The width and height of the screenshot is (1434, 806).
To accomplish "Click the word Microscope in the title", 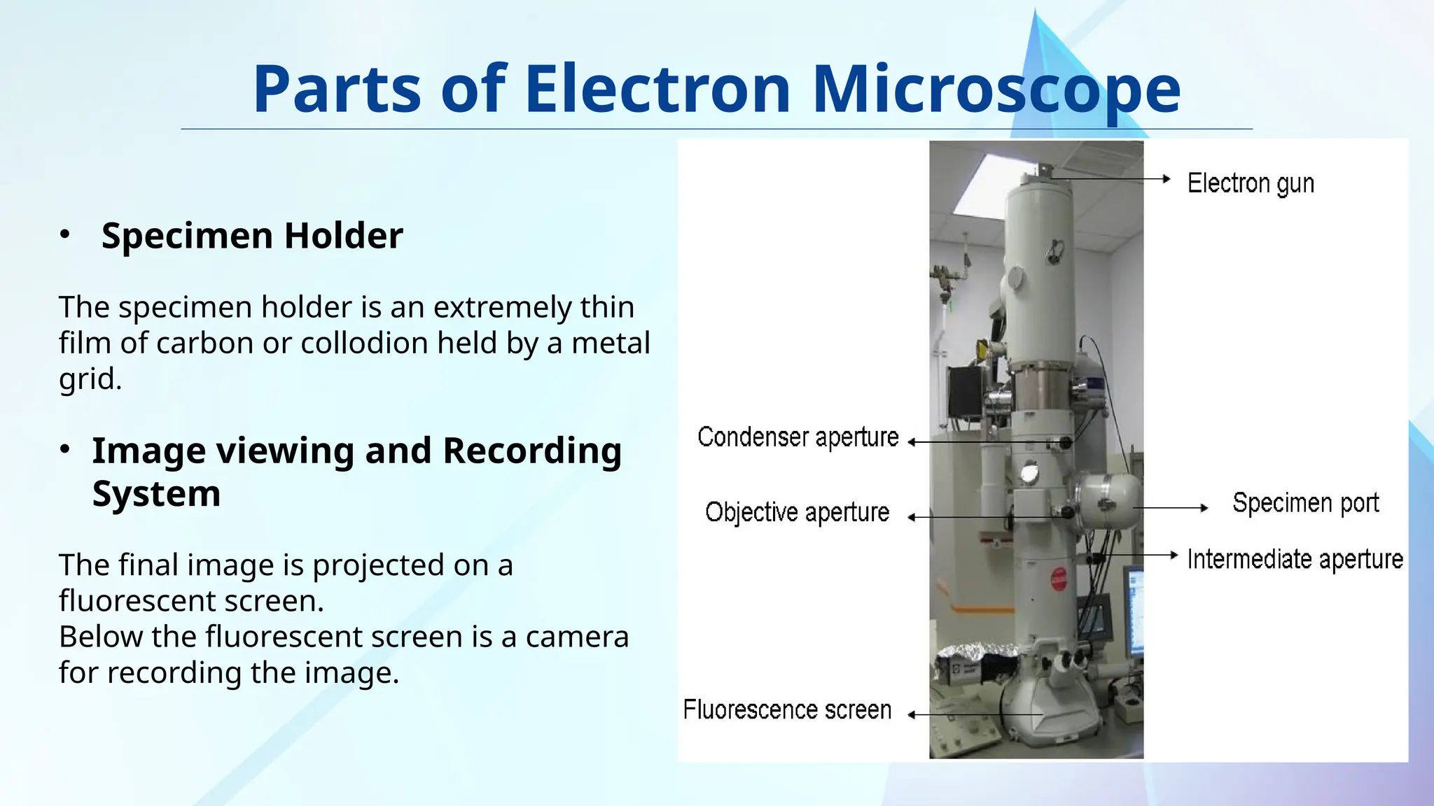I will pyautogui.click(x=996, y=90).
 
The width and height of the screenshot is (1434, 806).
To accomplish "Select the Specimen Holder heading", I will pyautogui.click(x=252, y=236).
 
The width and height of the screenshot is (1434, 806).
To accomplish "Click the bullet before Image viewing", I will pyautogui.click(x=65, y=449).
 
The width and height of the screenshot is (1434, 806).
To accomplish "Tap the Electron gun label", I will pyautogui.click(x=1251, y=183).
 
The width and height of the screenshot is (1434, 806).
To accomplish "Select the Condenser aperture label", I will pyautogui.click(x=798, y=437).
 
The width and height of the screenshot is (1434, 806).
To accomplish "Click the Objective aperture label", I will pyautogui.click(x=797, y=512).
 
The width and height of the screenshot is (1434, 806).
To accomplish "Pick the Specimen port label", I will pyautogui.click(x=1305, y=503).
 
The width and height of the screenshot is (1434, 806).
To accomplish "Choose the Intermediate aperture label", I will pyautogui.click(x=1295, y=560).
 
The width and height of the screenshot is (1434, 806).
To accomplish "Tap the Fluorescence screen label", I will pyautogui.click(x=787, y=710).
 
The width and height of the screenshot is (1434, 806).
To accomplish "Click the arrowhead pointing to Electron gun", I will pyautogui.click(x=1167, y=179).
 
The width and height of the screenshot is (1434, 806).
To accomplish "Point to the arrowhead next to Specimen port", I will pyautogui.click(x=1204, y=508).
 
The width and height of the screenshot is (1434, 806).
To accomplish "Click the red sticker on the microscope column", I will pyautogui.click(x=1059, y=579).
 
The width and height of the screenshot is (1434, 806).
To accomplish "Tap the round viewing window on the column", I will pyautogui.click(x=1029, y=474).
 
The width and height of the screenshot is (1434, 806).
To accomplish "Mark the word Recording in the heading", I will pyautogui.click(x=532, y=451).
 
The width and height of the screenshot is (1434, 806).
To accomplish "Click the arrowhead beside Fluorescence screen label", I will pyautogui.click(x=912, y=714).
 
